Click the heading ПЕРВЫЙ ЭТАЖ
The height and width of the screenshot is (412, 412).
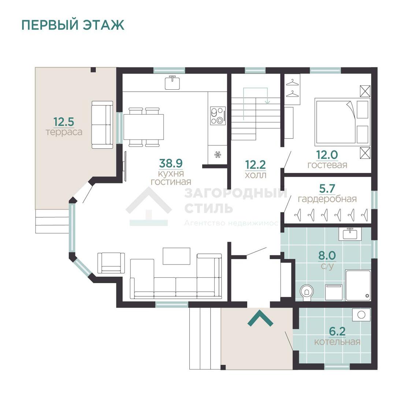click(x=73, y=25)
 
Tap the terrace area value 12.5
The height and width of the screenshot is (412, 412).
click(x=64, y=121)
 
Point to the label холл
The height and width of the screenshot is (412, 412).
click(x=255, y=175)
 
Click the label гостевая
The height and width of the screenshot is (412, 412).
click(x=327, y=165)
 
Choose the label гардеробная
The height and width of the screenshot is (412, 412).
click(x=327, y=199)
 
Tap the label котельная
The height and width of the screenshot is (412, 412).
click(x=337, y=342)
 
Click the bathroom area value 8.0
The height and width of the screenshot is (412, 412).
click(x=327, y=255)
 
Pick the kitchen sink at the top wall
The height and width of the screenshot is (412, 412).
click(x=172, y=83)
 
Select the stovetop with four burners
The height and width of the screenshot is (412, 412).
click(x=218, y=116)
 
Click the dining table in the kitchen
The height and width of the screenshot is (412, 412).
click(x=144, y=127)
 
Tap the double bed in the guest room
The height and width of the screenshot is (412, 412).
click(x=335, y=122)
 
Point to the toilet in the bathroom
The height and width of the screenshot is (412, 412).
click(x=307, y=292)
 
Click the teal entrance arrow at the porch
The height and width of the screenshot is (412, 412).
click(x=260, y=318)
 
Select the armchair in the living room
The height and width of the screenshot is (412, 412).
click(x=111, y=263)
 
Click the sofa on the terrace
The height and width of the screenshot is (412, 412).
click(x=102, y=125)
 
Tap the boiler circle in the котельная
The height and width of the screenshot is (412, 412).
click(x=361, y=315)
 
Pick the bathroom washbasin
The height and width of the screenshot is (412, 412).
click(x=350, y=234)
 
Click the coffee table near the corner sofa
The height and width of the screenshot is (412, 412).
click(x=177, y=256)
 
